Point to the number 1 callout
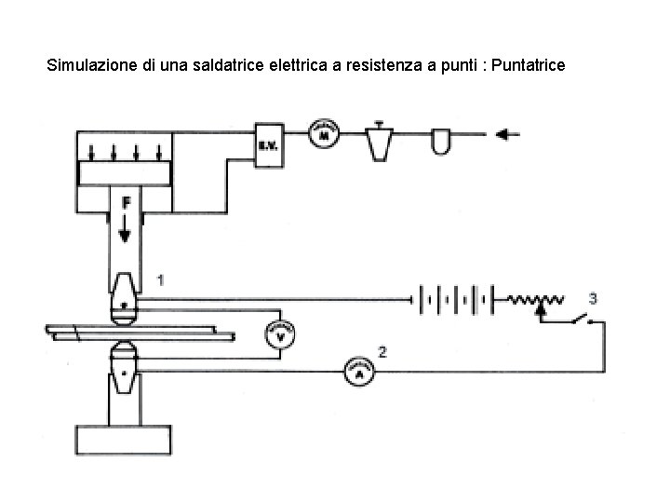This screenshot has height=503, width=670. [x=162, y=279]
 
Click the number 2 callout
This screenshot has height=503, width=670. [x=382, y=351]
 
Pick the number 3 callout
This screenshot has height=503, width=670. [x=593, y=297]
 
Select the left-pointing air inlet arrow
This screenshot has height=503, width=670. [x=508, y=134]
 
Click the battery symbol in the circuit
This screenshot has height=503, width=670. [x=456, y=300]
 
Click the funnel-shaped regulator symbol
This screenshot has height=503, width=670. [x=379, y=140]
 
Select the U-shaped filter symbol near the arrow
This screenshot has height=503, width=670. [x=441, y=140]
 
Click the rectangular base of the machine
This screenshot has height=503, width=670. [x=123, y=440]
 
